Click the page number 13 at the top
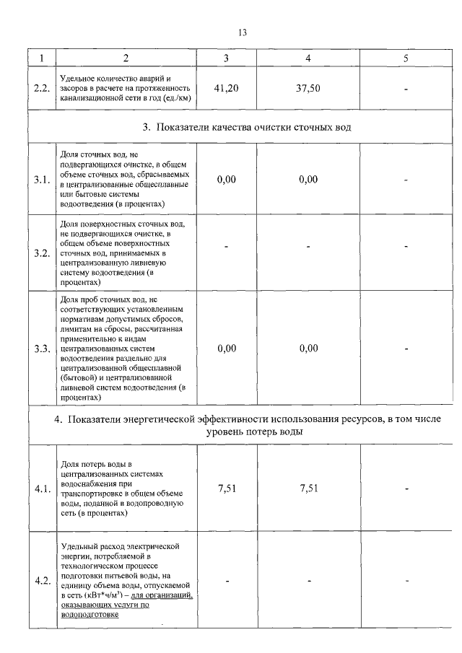pos(242,32)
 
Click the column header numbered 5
pos(406,58)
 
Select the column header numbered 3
pos(226,58)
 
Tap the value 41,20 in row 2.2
pos(227,88)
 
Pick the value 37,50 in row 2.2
pos(308,88)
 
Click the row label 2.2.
pos(42,88)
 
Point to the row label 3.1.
pos(42,180)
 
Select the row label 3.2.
pos(42,253)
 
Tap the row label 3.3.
pos(42,349)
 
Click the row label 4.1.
pos(42,489)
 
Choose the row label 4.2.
pos(42,581)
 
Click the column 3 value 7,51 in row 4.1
pos(227,488)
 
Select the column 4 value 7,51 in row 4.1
pos(308,488)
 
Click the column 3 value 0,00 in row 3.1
pos(227,180)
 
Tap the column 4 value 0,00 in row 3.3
pos(308,349)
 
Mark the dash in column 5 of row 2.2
pos(406,89)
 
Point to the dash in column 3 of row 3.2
pos(227,247)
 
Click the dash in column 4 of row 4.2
pos(308,581)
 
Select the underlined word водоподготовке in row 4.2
pos(90,615)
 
